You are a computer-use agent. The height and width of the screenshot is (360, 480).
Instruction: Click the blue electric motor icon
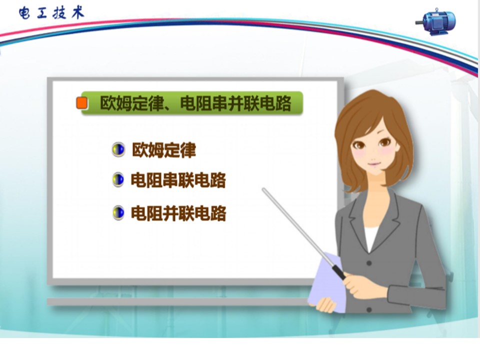click(436, 21)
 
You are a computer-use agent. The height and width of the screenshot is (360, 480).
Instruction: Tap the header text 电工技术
click(51, 13)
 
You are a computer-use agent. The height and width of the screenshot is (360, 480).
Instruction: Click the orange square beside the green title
click(81, 103)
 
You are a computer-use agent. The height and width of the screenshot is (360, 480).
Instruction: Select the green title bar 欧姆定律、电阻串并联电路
click(192, 103)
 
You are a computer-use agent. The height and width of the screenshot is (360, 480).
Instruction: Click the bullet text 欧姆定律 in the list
click(164, 150)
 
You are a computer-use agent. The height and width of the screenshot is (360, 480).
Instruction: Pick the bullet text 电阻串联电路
click(178, 180)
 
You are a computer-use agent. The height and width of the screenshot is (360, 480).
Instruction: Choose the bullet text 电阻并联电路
click(178, 213)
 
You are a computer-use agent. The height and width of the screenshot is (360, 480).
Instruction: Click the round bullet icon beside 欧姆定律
click(118, 149)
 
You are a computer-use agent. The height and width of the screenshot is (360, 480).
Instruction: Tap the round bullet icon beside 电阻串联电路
click(118, 179)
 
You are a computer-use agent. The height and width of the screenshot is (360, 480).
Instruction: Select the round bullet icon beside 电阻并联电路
click(118, 213)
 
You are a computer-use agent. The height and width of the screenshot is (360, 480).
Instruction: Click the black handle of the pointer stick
click(339, 272)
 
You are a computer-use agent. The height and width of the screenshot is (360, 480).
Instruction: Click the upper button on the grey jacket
click(369, 263)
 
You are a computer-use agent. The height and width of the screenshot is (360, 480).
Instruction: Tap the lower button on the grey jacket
click(369, 310)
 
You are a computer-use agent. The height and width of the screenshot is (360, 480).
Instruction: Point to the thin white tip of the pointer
click(263, 190)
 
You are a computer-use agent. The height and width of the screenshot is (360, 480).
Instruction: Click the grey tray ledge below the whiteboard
click(177, 301)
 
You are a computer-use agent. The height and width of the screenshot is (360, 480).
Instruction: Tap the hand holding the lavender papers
click(326, 304)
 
